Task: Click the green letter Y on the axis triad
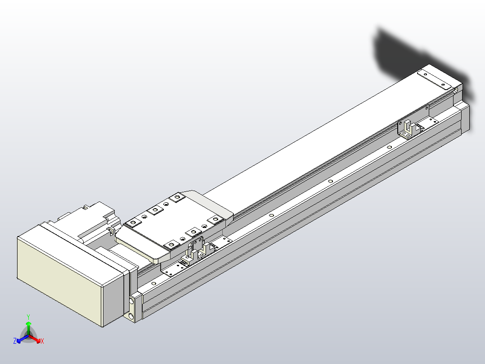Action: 28,317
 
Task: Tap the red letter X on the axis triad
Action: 42,341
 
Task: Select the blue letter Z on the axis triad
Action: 15,341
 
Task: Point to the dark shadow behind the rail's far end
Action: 405,50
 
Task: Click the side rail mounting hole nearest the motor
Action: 154,283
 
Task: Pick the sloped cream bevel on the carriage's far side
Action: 211,202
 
